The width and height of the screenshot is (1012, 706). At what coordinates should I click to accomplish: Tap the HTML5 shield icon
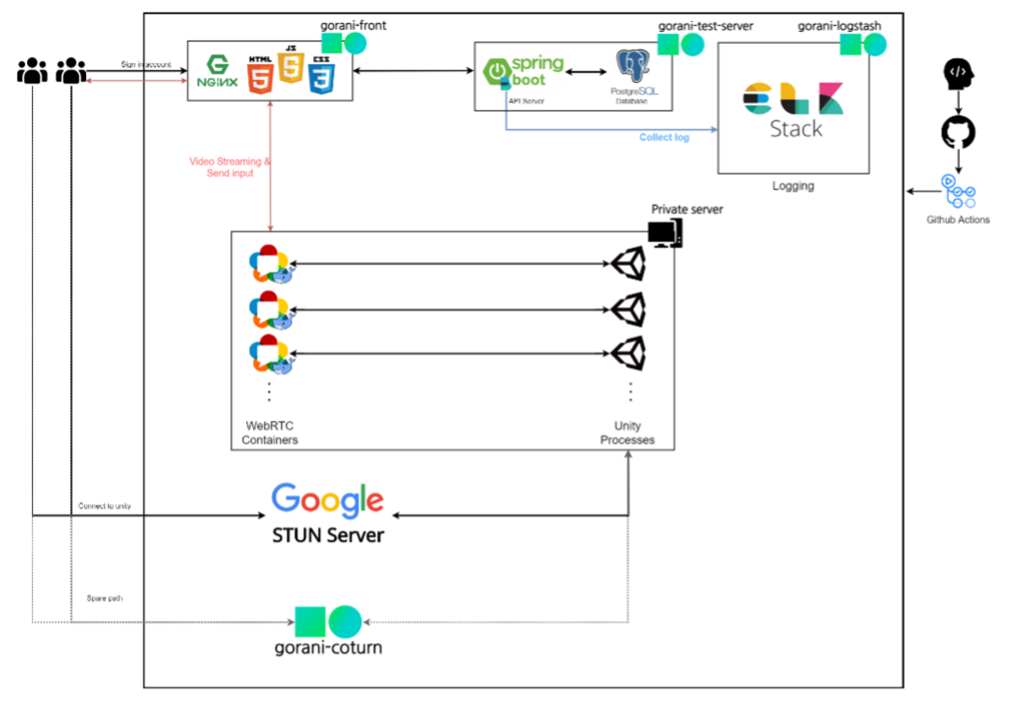(x=259, y=74)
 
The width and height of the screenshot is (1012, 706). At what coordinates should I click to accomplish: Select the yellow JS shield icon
(x=290, y=67)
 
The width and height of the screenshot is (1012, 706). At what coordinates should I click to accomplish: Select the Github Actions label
(x=957, y=220)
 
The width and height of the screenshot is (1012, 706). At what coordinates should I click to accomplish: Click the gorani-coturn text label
(x=328, y=649)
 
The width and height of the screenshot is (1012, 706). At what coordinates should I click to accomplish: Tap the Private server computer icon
(x=665, y=234)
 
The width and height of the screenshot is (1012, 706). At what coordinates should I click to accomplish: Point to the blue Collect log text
(x=664, y=137)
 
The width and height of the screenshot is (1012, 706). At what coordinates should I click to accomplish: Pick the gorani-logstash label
(x=839, y=26)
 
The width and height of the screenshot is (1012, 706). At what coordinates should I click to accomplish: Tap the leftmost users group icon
(x=32, y=71)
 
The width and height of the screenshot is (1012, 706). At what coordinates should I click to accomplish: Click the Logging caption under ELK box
(x=793, y=186)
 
